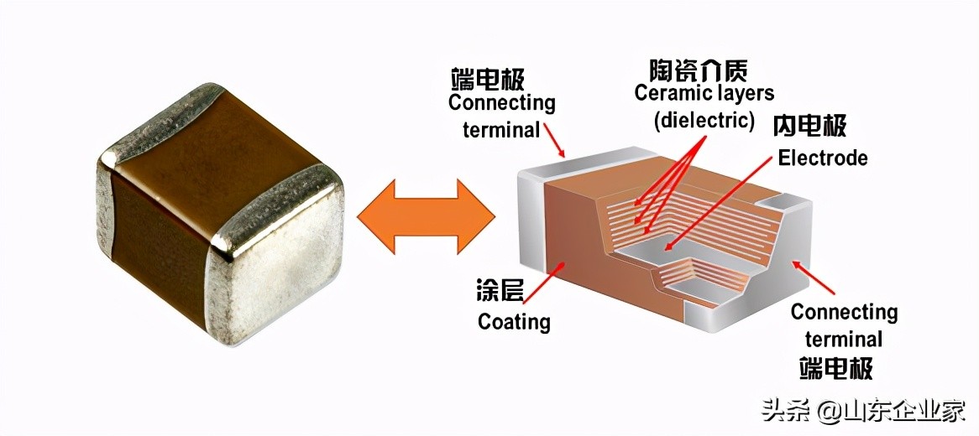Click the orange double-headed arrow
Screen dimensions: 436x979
[426, 215]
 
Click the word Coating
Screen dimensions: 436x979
[514, 322]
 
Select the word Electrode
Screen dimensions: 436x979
[822, 158]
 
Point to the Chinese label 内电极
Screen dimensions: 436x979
[809, 126]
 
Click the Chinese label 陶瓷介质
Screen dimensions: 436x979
[699, 69]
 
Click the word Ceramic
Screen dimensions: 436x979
[670, 92]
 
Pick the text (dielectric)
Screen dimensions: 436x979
[704, 120]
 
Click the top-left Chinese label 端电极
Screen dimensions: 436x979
[487, 79]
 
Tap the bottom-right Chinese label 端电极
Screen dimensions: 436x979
[835, 368]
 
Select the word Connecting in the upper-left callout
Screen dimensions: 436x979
[501, 103]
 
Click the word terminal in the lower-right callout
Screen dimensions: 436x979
[843, 340]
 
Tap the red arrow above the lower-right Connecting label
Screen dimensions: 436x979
[814, 278]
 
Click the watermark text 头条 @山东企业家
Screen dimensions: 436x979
[863, 411]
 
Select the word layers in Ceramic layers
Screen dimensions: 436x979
[738, 92]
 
